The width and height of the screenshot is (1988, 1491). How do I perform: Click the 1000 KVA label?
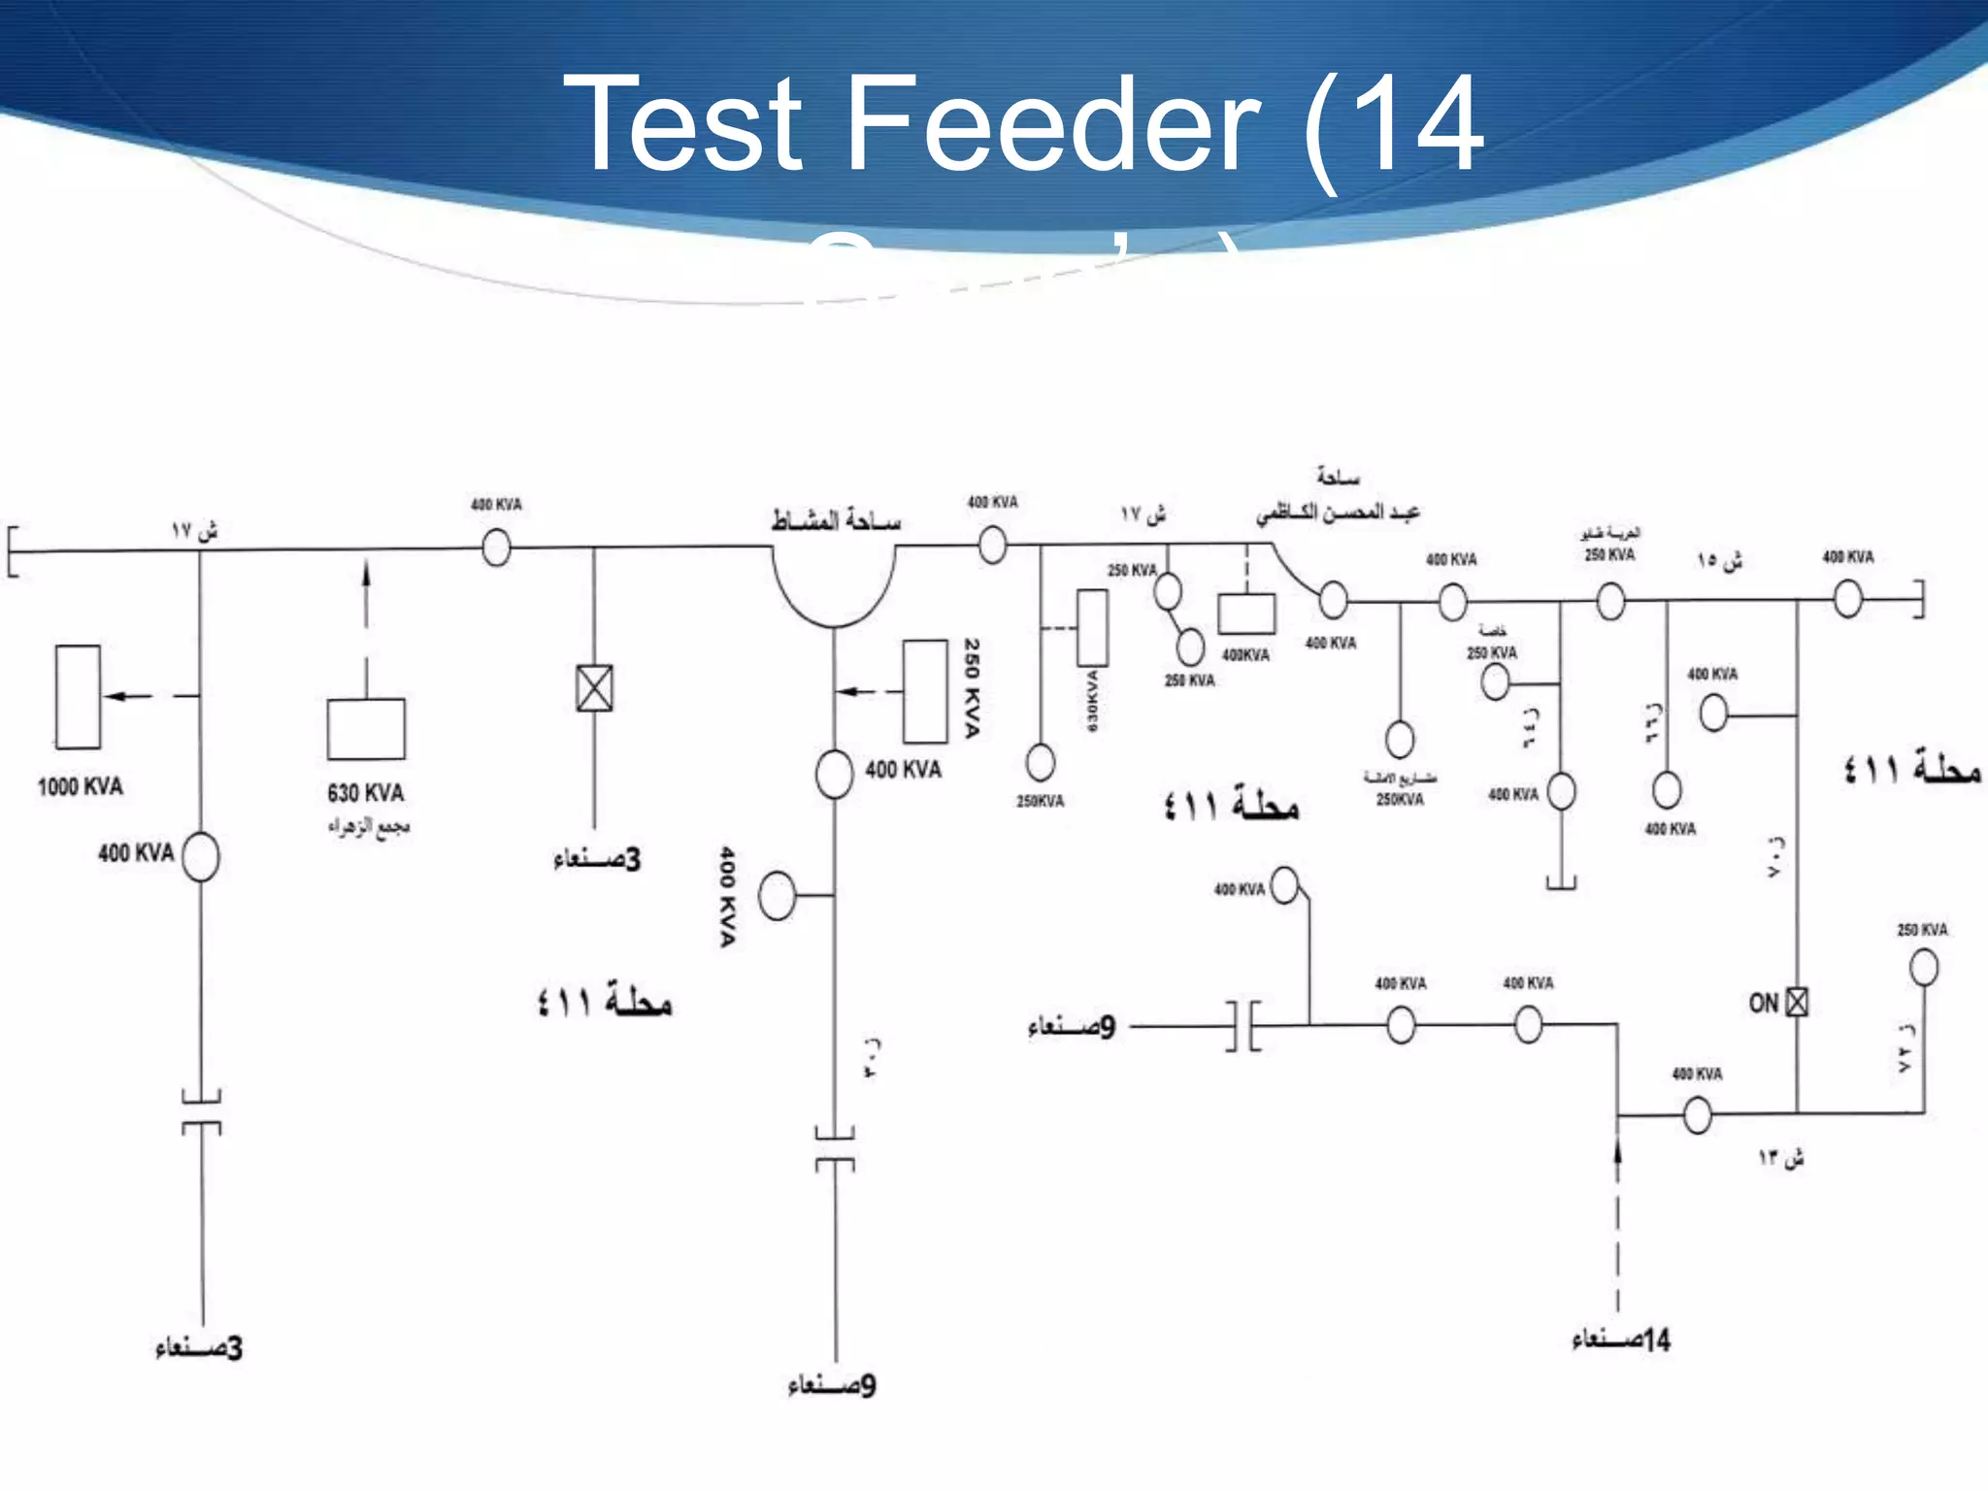click(x=81, y=786)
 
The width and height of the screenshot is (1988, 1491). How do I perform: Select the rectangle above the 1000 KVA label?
click(x=78, y=697)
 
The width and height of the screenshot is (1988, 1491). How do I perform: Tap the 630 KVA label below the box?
click(x=365, y=793)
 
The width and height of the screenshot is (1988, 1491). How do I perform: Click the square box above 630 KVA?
click(x=366, y=729)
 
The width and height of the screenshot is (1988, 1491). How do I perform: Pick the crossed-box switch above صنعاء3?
click(x=594, y=688)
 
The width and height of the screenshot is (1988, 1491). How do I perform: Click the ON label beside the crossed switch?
click(x=1763, y=1004)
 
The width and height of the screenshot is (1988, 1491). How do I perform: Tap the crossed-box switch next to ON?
click(x=1797, y=1002)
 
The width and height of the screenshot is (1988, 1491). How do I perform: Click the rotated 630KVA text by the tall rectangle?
click(x=1092, y=700)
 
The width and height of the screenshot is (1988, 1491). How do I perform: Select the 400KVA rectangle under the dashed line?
click(x=1246, y=614)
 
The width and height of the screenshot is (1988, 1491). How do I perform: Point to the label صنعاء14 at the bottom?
click(x=1621, y=1341)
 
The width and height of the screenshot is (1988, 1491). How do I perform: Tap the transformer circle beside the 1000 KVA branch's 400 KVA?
click(x=201, y=856)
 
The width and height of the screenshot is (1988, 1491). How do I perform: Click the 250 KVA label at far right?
click(x=1922, y=930)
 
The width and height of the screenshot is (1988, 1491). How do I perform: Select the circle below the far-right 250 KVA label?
click(x=1924, y=967)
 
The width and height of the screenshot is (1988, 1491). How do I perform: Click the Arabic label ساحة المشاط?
click(x=836, y=521)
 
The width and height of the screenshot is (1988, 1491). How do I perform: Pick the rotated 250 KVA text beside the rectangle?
click(x=972, y=687)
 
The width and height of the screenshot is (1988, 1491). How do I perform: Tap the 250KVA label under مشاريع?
click(x=1400, y=800)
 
